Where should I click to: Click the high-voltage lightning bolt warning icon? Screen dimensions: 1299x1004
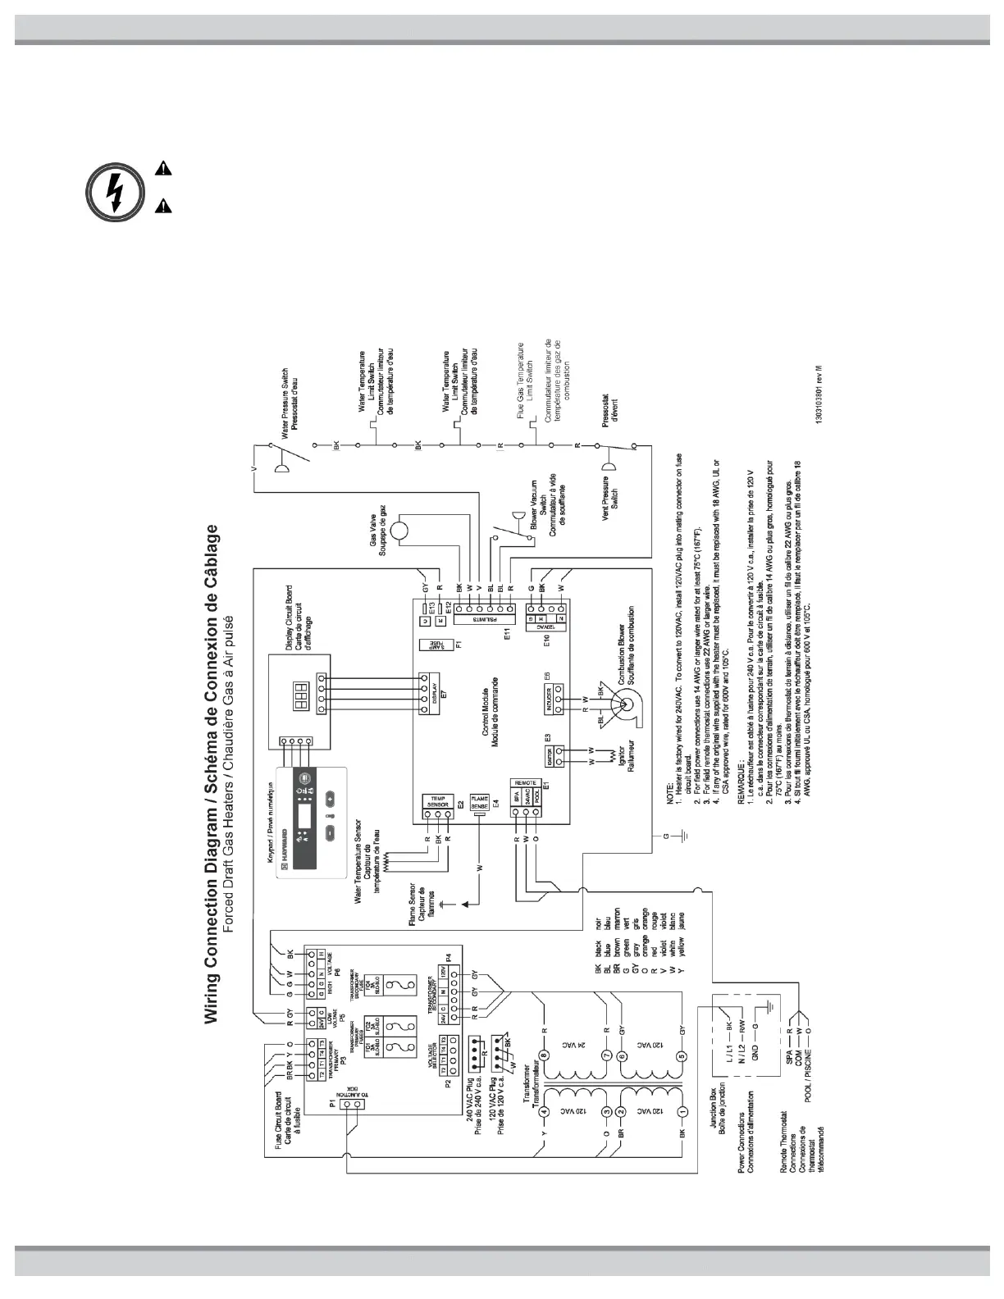coord(115,194)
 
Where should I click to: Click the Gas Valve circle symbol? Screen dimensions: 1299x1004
coord(404,531)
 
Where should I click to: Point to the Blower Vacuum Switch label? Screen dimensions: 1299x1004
coord(542,510)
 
